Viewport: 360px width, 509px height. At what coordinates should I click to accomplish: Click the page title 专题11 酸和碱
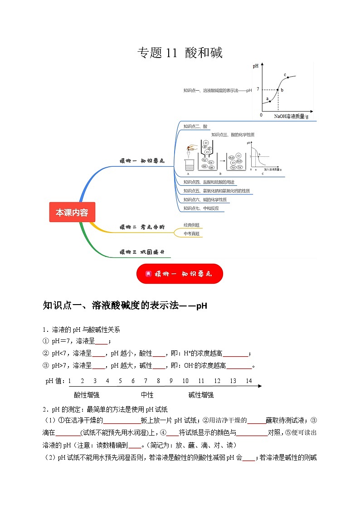click(180, 53)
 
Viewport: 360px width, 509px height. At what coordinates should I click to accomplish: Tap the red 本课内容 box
click(72, 212)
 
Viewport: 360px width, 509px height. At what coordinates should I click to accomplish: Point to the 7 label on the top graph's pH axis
click(258, 89)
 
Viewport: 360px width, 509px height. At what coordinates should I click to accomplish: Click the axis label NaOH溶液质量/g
click(291, 116)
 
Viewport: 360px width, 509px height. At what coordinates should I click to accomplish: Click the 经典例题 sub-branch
click(191, 225)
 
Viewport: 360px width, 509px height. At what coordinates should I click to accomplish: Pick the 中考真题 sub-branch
click(191, 233)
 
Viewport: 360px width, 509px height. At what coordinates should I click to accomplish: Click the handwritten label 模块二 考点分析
click(142, 227)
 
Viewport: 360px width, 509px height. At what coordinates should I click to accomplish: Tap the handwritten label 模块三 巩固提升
click(142, 252)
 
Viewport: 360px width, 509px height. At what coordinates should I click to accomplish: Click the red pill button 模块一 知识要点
click(180, 274)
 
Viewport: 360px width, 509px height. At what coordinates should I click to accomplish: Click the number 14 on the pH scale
click(249, 381)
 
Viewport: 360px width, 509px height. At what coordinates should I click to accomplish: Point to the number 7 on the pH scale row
click(146, 381)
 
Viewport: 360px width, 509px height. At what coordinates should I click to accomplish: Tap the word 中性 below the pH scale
click(147, 395)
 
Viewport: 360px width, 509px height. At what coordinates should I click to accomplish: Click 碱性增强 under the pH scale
click(201, 395)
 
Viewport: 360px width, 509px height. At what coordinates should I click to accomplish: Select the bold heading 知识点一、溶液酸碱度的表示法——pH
click(125, 305)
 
